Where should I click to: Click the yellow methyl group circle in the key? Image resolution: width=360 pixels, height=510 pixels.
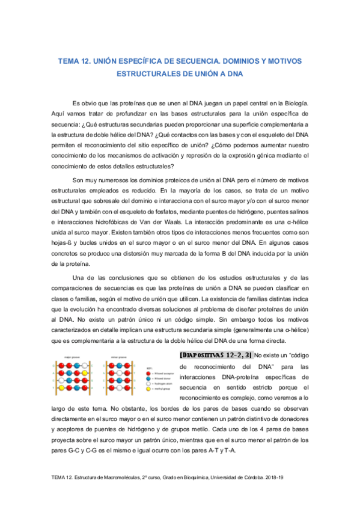[149, 389]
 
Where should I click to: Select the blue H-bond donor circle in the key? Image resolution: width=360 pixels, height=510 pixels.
[149, 378]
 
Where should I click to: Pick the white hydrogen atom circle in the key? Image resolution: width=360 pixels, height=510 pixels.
[149, 384]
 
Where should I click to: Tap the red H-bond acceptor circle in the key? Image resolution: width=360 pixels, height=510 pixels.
[149, 373]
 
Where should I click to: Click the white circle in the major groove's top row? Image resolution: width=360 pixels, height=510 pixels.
[85, 365]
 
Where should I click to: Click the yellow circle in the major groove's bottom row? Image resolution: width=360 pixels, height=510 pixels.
[61, 388]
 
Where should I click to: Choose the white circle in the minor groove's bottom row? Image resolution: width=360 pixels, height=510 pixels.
[119, 388]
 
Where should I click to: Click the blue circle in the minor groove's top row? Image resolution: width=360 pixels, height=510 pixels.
[119, 365]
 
